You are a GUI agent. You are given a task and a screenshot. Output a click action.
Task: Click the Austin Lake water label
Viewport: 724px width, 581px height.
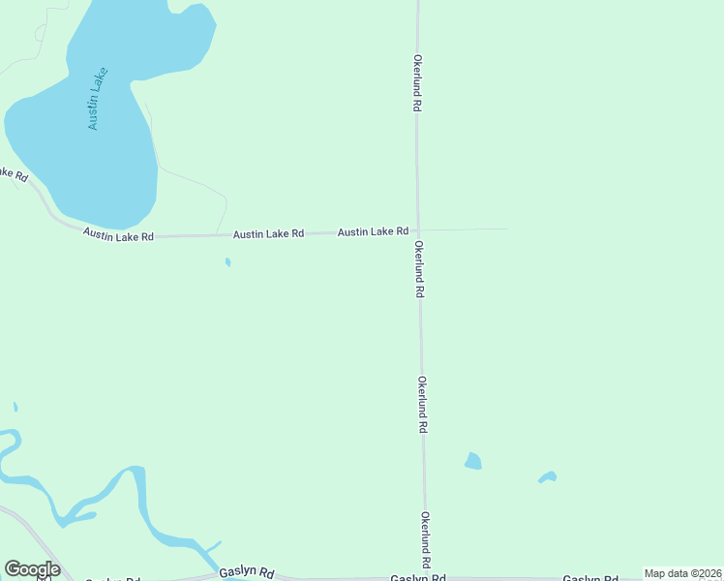[97, 99]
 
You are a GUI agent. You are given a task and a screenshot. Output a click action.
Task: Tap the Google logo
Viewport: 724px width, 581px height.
[32, 569]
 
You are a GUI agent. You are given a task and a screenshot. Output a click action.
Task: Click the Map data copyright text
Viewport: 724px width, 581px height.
[683, 573]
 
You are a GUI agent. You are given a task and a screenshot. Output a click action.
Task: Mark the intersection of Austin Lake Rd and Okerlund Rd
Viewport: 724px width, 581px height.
[417, 230]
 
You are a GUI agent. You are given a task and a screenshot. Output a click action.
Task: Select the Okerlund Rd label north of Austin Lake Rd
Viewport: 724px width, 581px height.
[417, 83]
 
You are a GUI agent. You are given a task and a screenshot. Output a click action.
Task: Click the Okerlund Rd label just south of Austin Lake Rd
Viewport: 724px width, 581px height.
[419, 269]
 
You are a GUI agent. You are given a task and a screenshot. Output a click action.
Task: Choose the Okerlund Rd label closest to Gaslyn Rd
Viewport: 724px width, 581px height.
[425, 539]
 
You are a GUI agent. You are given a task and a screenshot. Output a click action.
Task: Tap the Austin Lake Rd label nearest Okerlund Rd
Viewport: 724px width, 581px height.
[373, 231]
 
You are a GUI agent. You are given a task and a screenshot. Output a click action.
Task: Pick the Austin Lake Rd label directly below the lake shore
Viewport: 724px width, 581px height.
[118, 234]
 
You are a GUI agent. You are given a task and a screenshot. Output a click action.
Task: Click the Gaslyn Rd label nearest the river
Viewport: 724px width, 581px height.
[247, 571]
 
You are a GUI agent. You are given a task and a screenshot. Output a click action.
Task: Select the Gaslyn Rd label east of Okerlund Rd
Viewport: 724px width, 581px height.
[589, 579]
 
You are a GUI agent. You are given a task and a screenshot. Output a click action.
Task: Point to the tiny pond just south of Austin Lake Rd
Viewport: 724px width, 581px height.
[227, 261]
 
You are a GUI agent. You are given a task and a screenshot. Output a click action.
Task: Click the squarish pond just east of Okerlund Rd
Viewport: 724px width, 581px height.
[473, 461]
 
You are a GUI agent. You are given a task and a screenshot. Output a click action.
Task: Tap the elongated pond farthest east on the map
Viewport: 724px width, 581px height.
[548, 476]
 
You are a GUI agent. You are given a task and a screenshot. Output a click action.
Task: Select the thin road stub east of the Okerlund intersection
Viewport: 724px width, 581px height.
[465, 229]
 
